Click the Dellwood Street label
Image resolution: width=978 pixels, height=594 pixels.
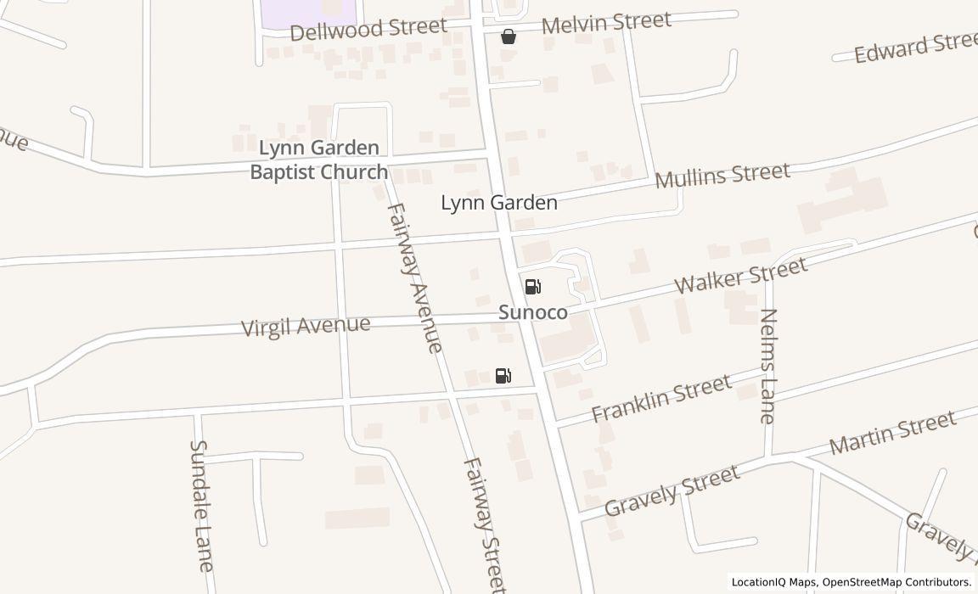[368, 29]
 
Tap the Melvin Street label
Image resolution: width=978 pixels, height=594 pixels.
[605, 23]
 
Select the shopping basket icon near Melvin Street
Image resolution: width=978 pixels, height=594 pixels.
[508, 36]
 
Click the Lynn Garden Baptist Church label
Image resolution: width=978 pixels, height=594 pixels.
[318, 160]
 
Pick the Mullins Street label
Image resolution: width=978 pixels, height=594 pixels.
[722, 176]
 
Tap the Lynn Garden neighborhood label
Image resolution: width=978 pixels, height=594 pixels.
[499, 203]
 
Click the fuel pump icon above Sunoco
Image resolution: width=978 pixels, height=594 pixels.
[532, 287]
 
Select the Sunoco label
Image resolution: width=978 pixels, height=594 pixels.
[533, 312]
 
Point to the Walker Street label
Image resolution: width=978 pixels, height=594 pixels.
[741, 277]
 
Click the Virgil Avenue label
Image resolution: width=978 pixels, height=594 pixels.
[306, 326]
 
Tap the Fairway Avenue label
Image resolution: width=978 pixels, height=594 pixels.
[414, 277]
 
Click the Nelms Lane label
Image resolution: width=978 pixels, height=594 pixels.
[767, 366]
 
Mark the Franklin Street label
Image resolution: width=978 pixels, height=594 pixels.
[661, 399]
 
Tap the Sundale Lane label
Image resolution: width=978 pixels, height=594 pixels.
[201, 505]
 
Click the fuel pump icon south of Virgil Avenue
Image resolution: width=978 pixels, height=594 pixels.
[503, 376]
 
